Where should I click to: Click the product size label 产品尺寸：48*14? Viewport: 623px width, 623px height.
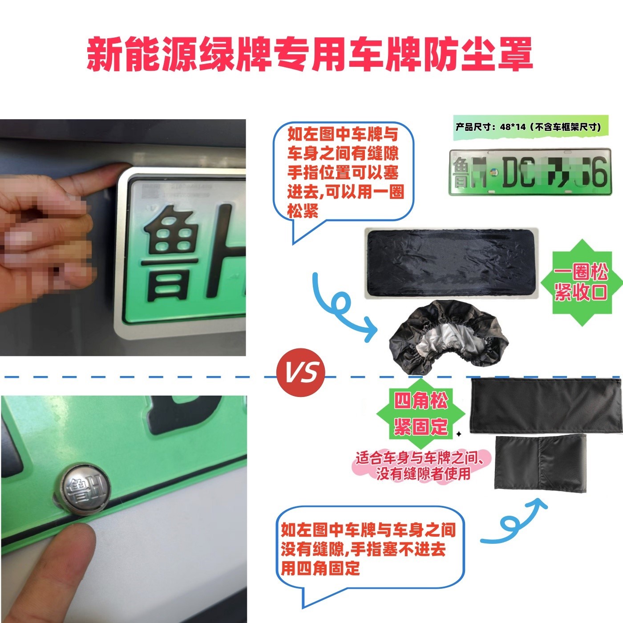pos(528,127)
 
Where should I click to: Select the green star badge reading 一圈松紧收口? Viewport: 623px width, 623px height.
pos(581,283)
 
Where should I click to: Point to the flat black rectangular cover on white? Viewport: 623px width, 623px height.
pos(451,263)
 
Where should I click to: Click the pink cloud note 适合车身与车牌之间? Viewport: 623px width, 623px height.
pos(423,466)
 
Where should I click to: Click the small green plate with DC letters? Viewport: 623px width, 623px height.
pos(530,173)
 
